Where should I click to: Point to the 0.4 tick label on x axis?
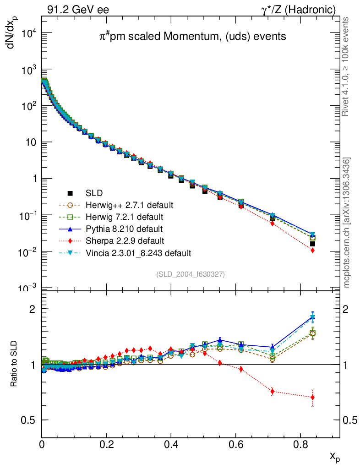(171, 444)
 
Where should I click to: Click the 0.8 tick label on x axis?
(300, 444)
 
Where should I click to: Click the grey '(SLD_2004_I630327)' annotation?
(191, 274)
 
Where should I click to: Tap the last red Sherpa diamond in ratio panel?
(312, 397)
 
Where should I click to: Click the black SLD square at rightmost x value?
(312, 244)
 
